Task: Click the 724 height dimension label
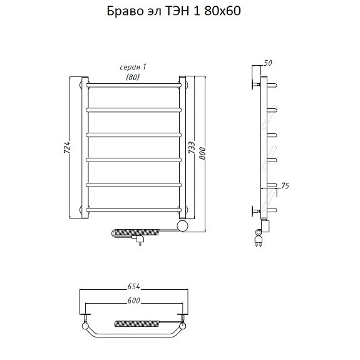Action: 67,147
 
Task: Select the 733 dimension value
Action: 192,147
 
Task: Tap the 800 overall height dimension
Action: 202,153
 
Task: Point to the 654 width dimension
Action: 133,286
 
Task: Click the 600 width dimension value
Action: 133,301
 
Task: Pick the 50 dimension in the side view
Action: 268,63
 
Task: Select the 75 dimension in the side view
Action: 285,185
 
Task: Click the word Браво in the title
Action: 125,11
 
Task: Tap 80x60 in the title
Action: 222,11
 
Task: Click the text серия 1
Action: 133,67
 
